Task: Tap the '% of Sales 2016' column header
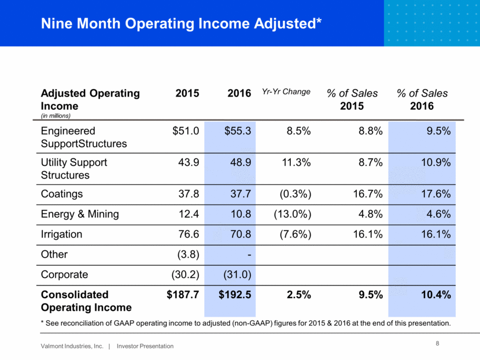422,100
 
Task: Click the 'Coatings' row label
61,194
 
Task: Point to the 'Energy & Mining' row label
80,214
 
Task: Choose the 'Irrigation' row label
62,234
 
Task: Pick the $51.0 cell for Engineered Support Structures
186,132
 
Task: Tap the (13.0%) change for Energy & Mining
292,214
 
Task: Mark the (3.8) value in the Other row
187,254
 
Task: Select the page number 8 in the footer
437,344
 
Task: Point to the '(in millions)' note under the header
57,116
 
